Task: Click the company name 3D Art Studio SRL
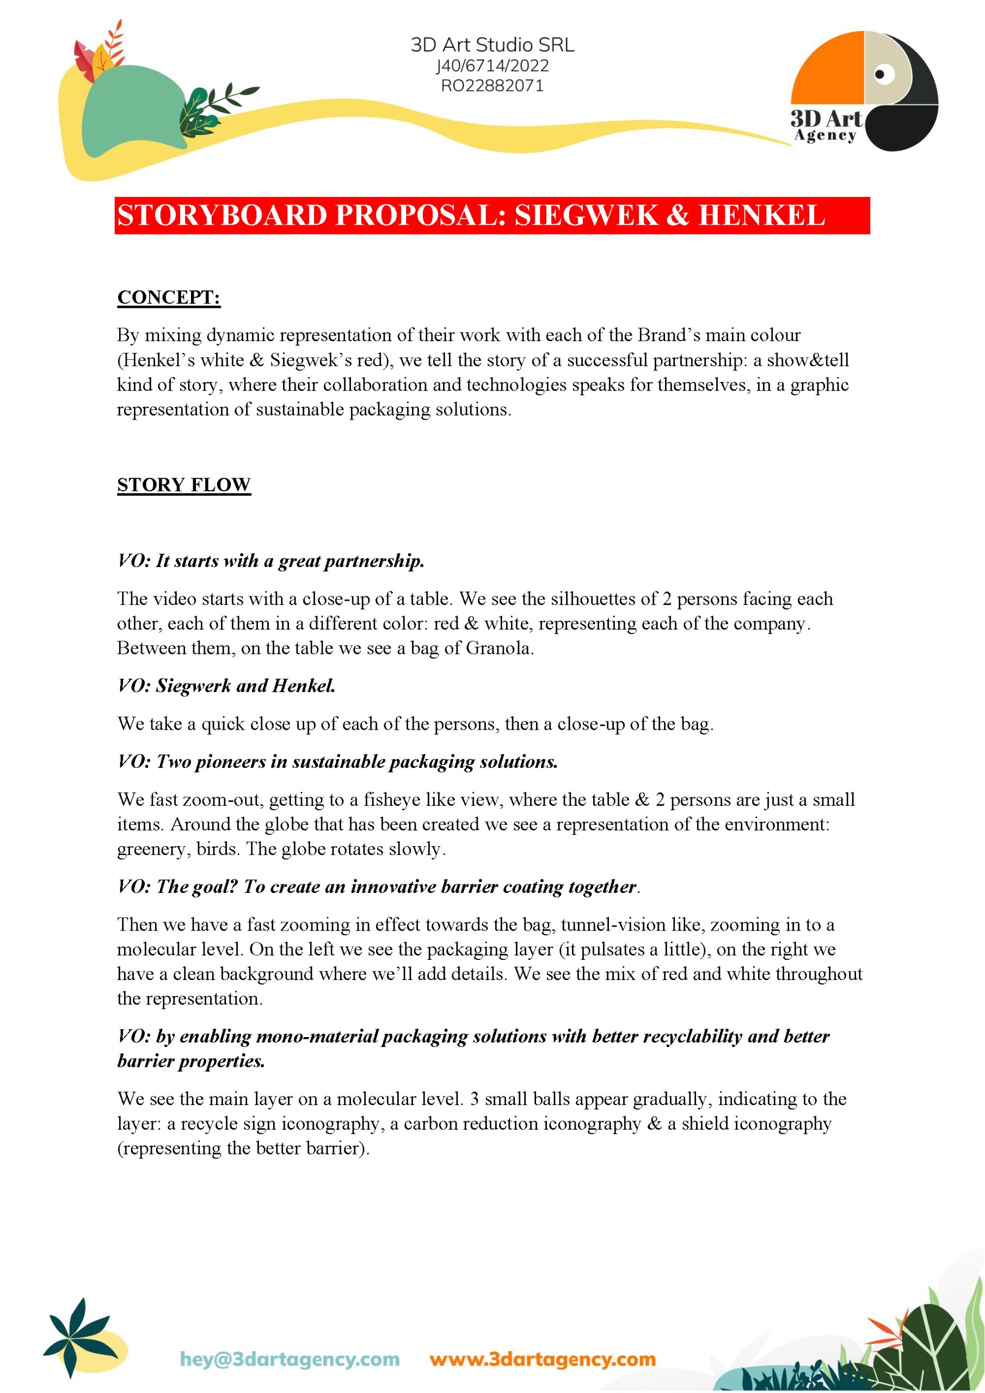492,45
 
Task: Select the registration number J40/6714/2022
492,65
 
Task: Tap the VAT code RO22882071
492,85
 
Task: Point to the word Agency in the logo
825,135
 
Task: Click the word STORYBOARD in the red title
222,215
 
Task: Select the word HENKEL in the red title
762,215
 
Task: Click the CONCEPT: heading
169,297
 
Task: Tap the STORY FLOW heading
184,485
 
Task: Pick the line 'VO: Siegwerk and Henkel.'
226,686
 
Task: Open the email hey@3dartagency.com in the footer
290,1359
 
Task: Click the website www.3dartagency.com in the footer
543,1359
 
